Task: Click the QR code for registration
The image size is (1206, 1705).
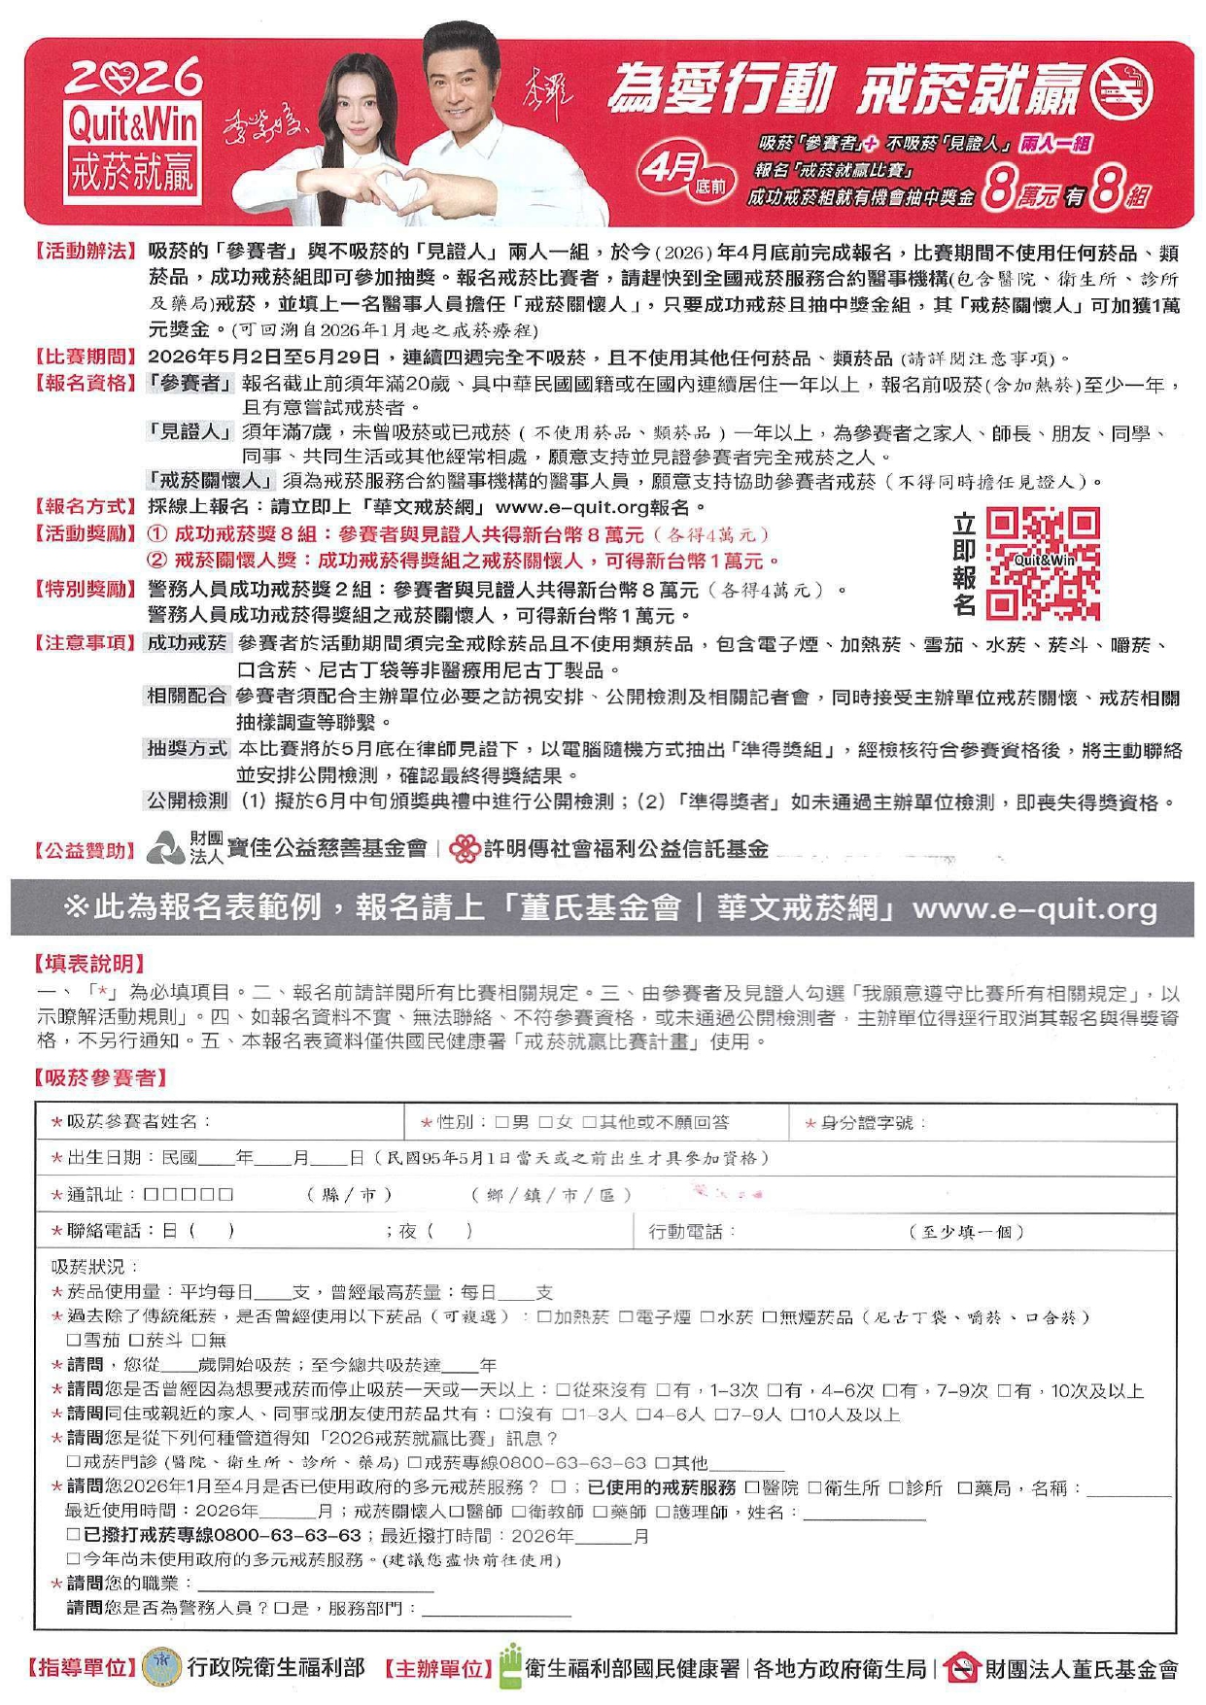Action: tap(1043, 563)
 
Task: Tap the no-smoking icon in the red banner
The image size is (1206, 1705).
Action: tap(1121, 91)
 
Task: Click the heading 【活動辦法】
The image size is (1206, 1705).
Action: tap(86, 253)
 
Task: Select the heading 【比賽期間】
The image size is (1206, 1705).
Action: tap(86, 358)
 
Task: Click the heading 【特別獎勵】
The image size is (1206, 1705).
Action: tap(86, 590)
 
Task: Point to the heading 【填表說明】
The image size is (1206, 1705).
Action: tap(90, 964)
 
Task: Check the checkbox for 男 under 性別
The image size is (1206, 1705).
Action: tap(501, 1123)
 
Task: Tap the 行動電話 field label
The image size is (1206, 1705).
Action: tap(691, 1232)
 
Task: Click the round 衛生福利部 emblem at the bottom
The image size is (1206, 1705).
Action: tap(161, 1669)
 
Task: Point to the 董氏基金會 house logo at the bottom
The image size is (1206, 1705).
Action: tap(961, 1669)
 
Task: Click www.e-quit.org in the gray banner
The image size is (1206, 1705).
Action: tap(1035, 908)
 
